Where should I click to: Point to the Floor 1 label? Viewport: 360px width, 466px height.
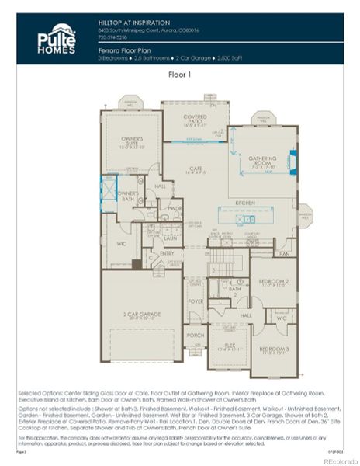(x=179, y=75)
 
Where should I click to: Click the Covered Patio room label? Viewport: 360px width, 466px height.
(x=195, y=118)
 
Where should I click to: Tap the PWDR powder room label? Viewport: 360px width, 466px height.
(x=175, y=208)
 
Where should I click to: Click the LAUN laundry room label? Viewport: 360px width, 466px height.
(x=170, y=238)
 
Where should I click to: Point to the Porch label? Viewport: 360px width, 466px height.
(x=195, y=336)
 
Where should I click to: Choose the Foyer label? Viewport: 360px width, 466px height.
(x=195, y=301)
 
